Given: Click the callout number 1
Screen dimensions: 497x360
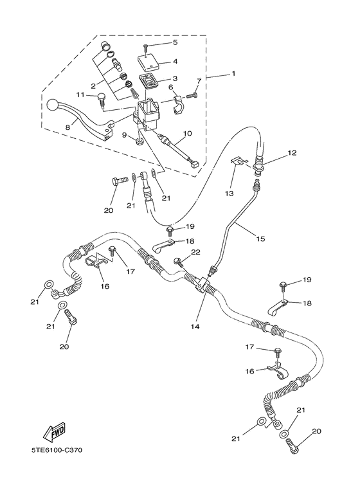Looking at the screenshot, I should pos(233,73).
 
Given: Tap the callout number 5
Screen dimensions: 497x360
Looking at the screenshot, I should pos(175,42).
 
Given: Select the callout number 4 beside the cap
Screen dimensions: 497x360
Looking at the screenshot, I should pos(175,62).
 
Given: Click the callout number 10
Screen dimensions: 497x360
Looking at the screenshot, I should pos(186,134).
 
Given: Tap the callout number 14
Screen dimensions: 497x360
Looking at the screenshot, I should pos(195,327).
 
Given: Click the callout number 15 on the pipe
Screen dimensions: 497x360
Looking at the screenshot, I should pos(261,239).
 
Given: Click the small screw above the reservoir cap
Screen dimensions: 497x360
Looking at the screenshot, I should pos(147,48).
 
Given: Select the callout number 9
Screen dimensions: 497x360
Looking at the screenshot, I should pos(125,135).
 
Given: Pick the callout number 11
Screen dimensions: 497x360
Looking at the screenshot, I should pos(80,95).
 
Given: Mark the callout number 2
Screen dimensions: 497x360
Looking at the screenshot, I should pos(93,85).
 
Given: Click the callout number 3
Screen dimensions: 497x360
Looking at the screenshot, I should pos(175,78).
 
